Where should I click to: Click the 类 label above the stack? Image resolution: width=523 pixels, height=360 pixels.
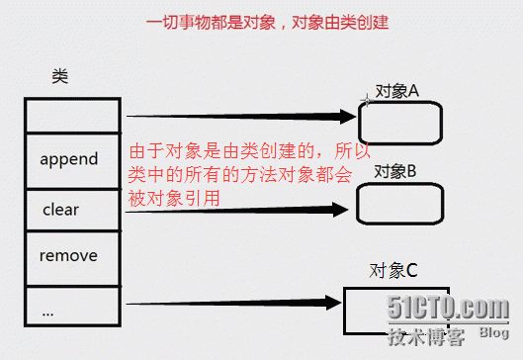point(59,76)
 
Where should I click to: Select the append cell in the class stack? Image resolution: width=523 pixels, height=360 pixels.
point(68,158)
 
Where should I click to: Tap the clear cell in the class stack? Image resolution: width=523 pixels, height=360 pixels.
point(60,210)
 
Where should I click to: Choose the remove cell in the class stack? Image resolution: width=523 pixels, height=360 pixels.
point(68,256)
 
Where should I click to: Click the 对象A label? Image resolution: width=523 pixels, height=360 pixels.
point(397,91)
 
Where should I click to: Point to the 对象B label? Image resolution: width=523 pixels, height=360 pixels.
point(394,171)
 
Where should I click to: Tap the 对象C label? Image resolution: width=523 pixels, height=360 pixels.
point(392,270)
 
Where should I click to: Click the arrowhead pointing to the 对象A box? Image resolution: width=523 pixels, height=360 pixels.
point(345,117)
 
